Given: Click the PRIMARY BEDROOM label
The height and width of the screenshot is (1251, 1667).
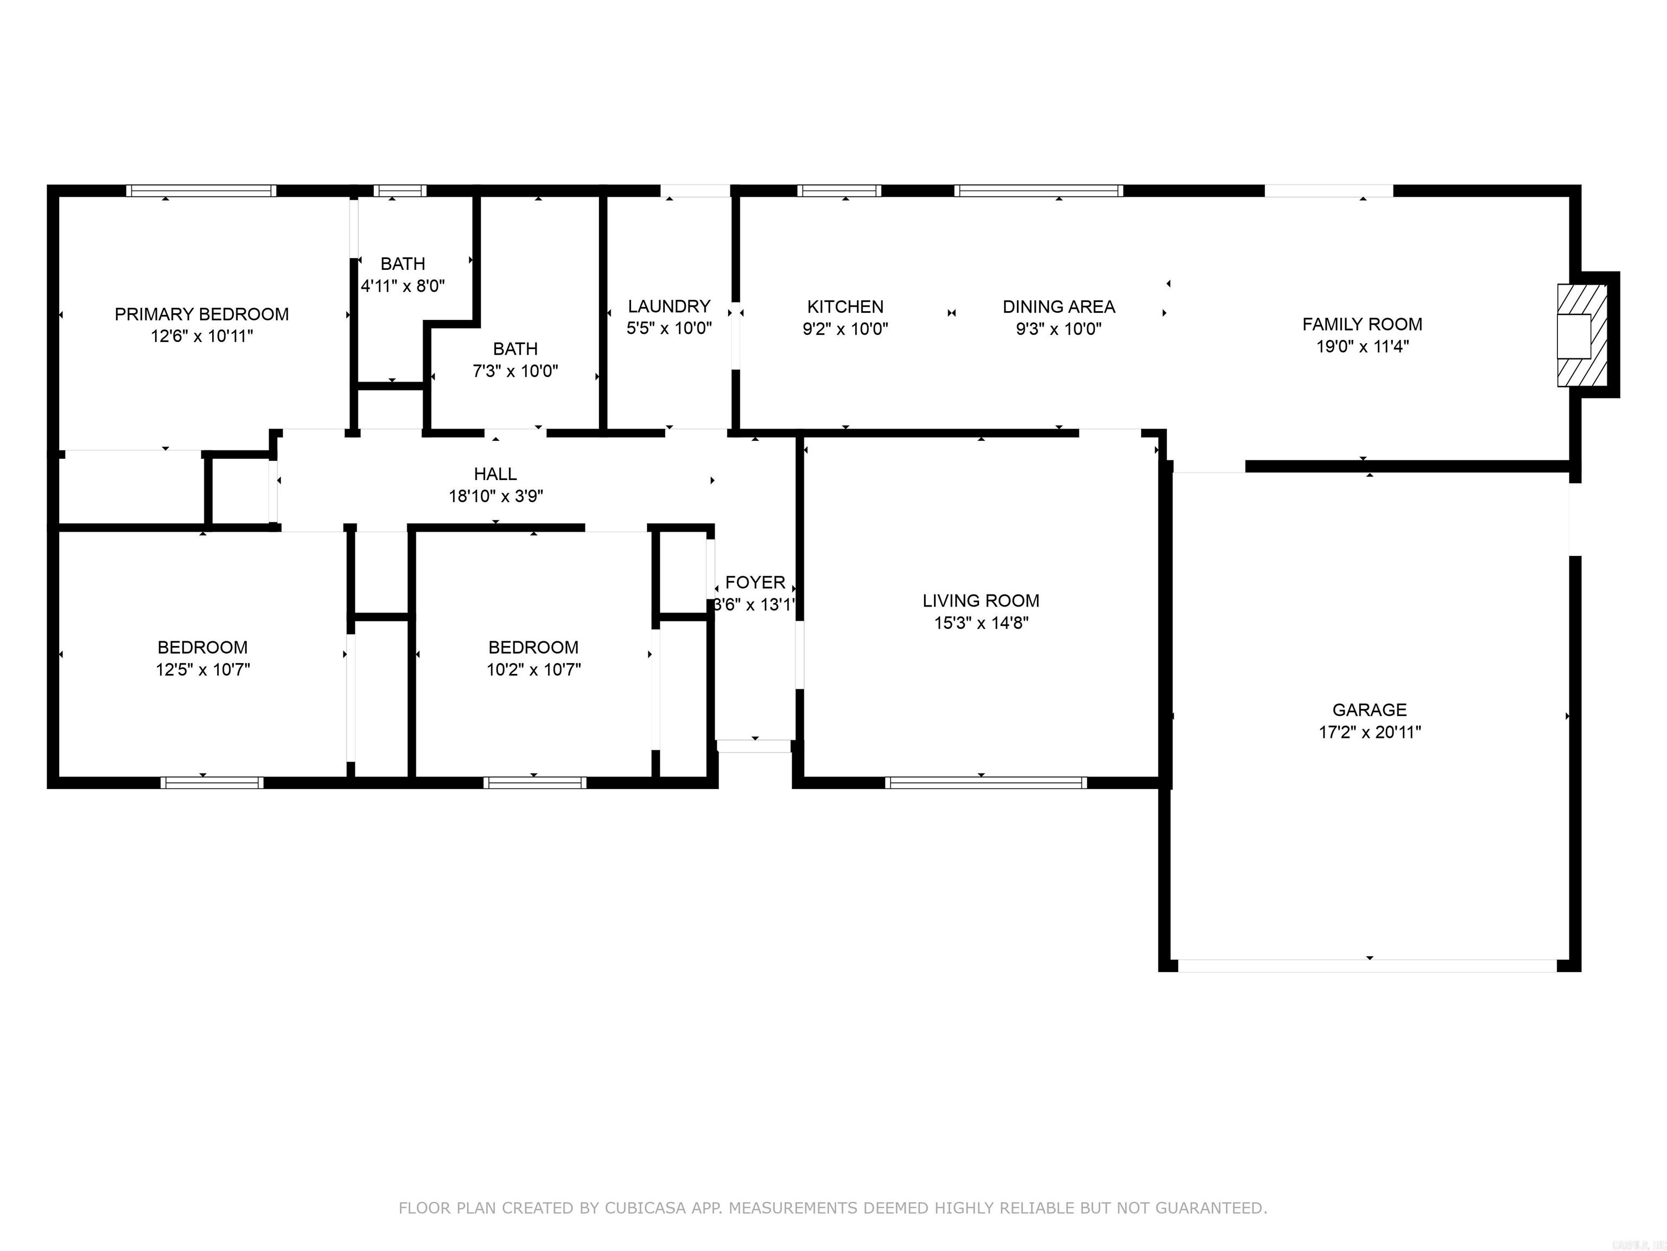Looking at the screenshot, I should pyautogui.click(x=201, y=314).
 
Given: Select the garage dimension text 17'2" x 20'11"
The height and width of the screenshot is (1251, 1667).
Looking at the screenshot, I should pyautogui.click(x=1369, y=731).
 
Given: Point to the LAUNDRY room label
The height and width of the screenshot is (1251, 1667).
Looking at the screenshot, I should pyautogui.click(x=669, y=306).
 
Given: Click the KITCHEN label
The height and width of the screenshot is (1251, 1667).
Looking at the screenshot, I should pyautogui.click(x=845, y=306).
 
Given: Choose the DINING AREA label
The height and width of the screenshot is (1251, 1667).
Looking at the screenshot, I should pyautogui.click(x=1058, y=306).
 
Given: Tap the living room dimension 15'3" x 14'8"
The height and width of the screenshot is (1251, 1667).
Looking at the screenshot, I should pyautogui.click(x=981, y=623).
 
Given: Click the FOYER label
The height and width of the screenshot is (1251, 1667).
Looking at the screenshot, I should pyautogui.click(x=755, y=582).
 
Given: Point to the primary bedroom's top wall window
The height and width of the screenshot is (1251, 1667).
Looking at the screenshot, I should pyautogui.click(x=201, y=191).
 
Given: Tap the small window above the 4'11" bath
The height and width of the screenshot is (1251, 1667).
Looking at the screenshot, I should pyautogui.click(x=400, y=191).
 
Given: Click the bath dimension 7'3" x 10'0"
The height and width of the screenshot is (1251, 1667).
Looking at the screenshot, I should pyautogui.click(x=515, y=371).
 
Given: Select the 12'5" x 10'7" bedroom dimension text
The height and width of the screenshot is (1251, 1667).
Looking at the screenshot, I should pyautogui.click(x=203, y=669).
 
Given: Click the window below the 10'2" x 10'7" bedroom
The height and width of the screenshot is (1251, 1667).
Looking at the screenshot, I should pyautogui.click(x=535, y=783).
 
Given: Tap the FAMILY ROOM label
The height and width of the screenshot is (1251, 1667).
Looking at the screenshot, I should pyautogui.click(x=1362, y=324).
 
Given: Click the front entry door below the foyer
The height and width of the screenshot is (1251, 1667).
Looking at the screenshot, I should pyautogui.click(x=754, y=746).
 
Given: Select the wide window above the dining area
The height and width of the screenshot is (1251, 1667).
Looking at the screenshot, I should pyautogui.click(x=1039, y=191).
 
